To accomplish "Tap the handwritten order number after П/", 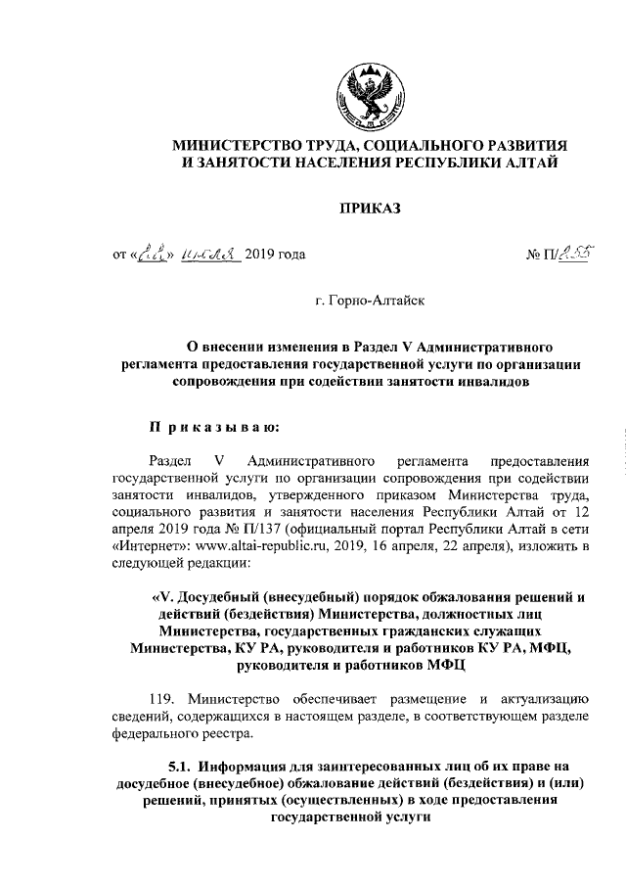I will pos(556,255).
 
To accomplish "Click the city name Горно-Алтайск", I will pos(369,303).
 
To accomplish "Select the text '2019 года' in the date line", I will pos(275,256).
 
